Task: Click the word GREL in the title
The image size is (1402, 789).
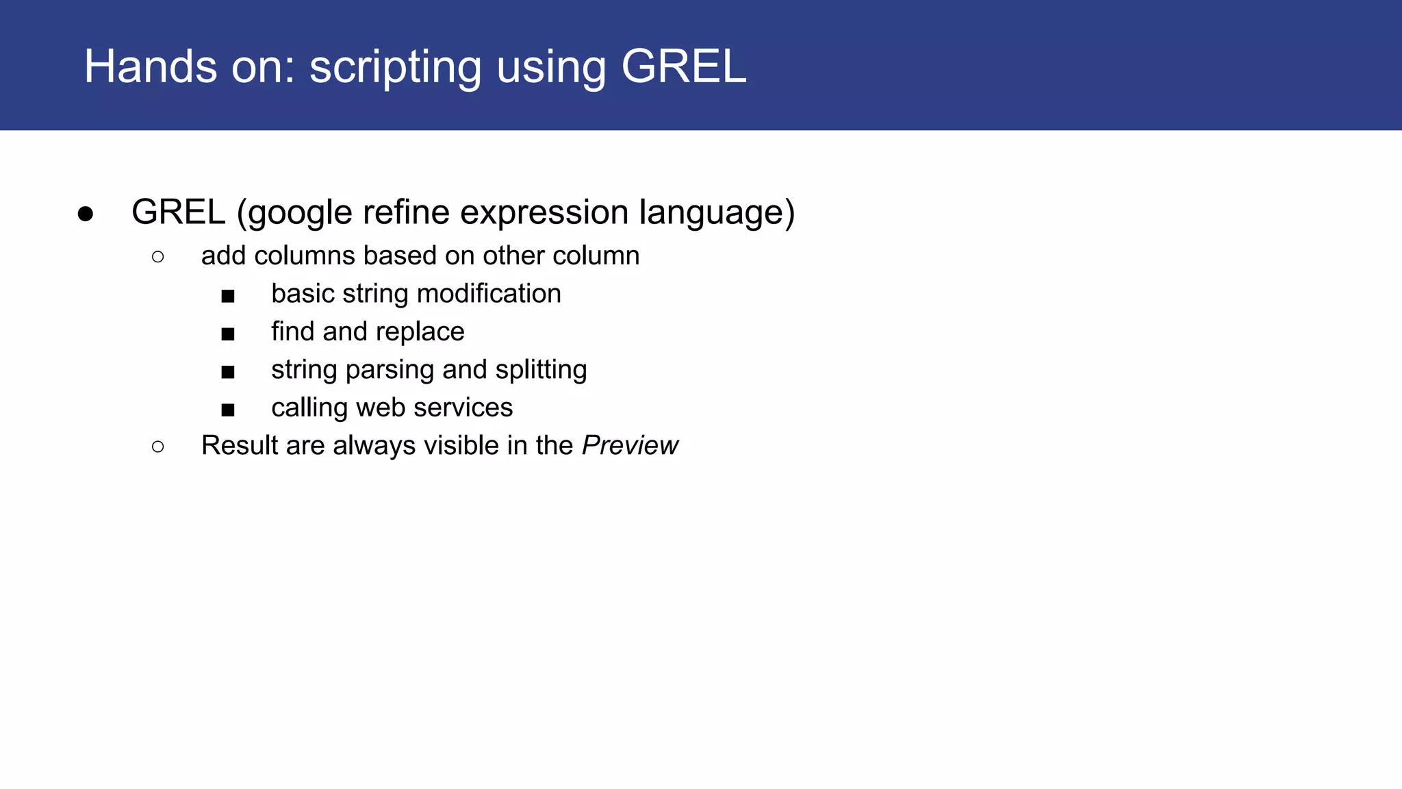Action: pyautogui.click(x=683, y=67)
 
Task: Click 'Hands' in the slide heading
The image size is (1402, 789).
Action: pyautogui.click(x=150, y=67)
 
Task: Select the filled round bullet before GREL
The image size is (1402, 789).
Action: pyautogui.click(x=86, y=214)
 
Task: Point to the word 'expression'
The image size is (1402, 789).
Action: pyautogui.click(x=544, y=213)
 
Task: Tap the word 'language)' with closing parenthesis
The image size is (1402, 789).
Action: pyautogui.click(x=717, y=213)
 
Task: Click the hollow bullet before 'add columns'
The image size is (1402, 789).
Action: pyautogui.click(x=158, y=257)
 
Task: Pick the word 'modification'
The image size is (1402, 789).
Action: pyautogui.click(x=489, y=294)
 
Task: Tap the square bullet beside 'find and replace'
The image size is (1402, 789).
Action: pyautogui.click(x=228, y=334)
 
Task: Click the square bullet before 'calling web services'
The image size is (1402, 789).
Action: pyautogui.click(x=228, y=410)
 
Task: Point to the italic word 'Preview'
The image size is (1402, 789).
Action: pyautogui.click(x=630, y=446)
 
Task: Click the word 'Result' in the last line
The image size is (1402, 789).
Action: pyautogui.click(x=240, y=446)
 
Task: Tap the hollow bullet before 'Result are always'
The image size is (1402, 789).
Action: pyautogui.click(x=158, y=447)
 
